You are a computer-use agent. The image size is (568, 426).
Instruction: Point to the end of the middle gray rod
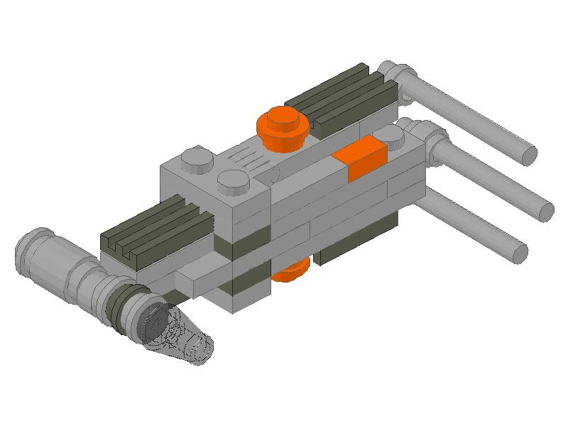545,211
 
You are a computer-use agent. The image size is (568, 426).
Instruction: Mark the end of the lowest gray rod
520,251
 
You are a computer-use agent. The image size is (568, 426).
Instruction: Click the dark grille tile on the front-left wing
153,227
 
